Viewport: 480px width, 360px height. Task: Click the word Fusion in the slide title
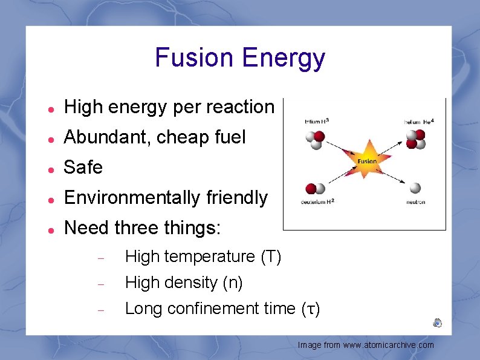click(194, 58)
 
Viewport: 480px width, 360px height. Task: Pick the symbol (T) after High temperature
click(271, 257)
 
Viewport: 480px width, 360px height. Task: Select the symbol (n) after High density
click(233, 283)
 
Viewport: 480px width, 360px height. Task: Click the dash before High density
click(102, 283)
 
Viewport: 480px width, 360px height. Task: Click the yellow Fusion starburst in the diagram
click(366, 161)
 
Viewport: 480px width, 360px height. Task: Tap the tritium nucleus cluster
click(315, 140)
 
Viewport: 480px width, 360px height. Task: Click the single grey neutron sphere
click(415, 188)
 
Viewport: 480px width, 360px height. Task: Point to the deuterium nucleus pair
click(315, 189)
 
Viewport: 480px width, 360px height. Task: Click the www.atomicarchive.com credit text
click(388, 345)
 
